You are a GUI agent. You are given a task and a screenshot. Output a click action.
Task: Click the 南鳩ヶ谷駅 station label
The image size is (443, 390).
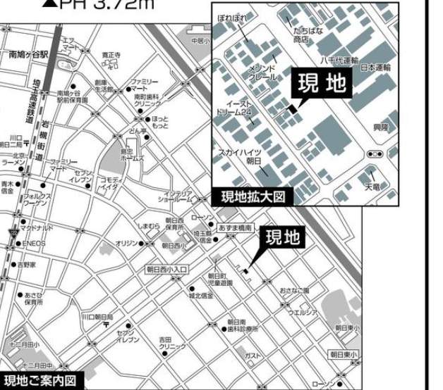[28, 54]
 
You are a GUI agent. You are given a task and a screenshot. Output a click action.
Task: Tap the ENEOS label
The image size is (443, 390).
[32, 244]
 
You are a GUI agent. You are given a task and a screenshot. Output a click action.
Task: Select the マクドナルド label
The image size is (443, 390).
[36, 228]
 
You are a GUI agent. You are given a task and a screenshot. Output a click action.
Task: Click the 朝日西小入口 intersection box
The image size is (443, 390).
[166, 269]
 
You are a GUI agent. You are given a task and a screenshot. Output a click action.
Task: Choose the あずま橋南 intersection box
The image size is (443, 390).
[234, 229]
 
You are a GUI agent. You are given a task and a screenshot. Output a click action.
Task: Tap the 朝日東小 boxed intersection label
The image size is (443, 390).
[344, 354]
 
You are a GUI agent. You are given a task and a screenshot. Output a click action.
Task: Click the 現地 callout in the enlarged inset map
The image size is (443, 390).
[321, 84]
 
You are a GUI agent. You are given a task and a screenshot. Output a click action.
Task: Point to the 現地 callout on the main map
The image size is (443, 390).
[283, 238]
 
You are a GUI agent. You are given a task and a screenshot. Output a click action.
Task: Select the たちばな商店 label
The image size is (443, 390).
[308, 36]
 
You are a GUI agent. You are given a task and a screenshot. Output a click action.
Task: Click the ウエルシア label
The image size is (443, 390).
[303, 312]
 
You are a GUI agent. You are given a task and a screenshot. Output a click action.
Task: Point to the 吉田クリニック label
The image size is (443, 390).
[172, 343]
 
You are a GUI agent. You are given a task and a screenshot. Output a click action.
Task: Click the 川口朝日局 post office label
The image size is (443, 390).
[97, 317]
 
